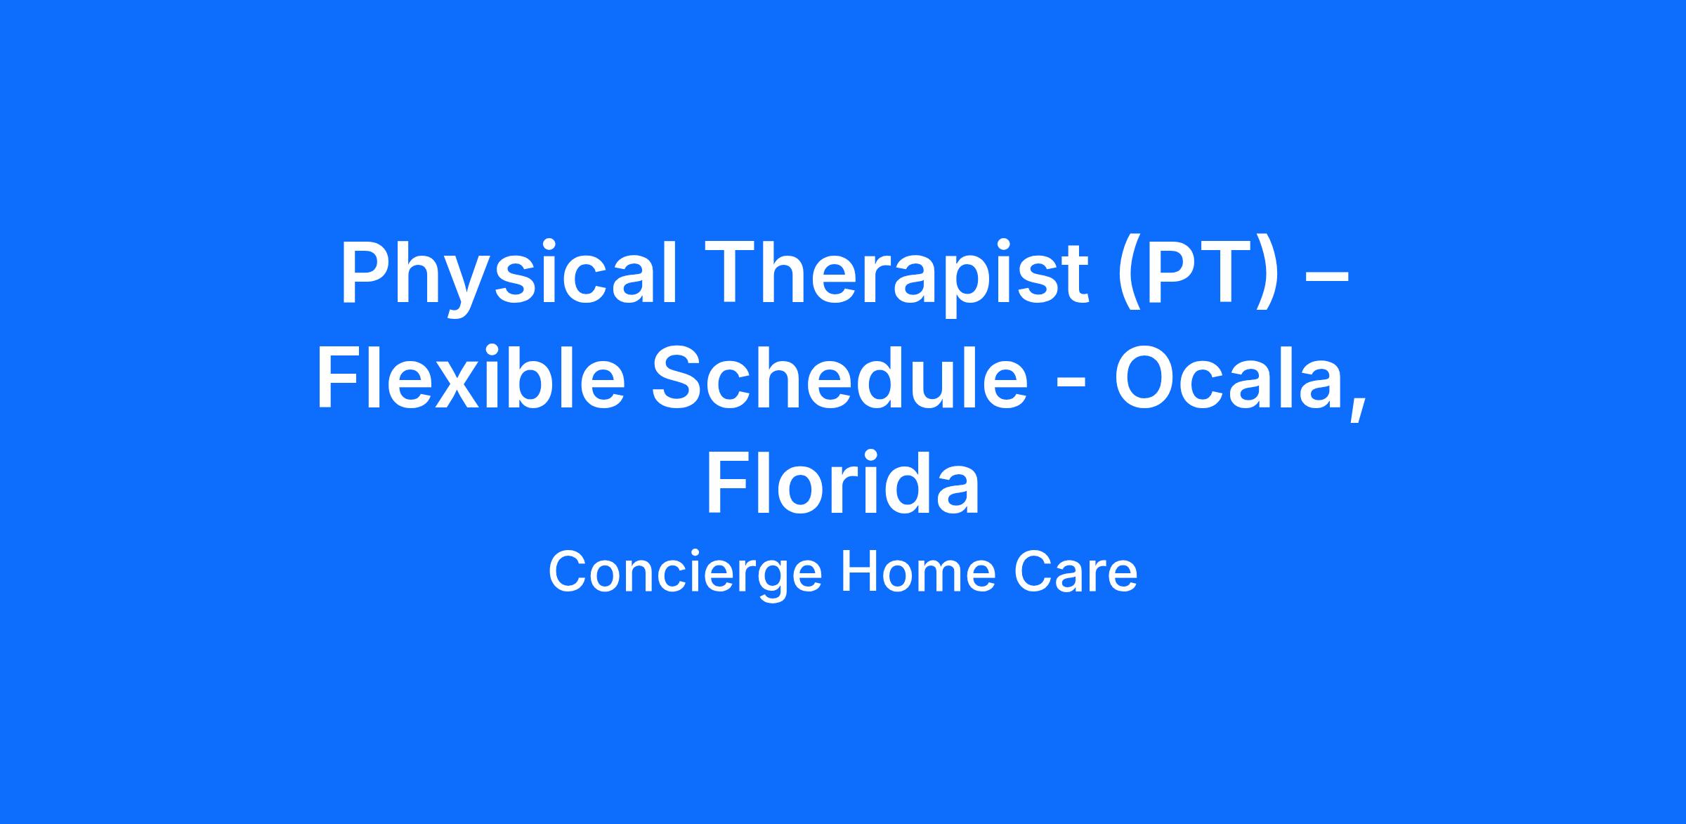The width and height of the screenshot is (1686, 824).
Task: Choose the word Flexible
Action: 471,379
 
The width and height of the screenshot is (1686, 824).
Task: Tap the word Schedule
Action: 840,379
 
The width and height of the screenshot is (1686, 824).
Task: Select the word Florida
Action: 842,483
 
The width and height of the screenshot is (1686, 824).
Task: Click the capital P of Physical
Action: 365,273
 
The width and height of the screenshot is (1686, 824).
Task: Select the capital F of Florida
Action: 727,483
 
